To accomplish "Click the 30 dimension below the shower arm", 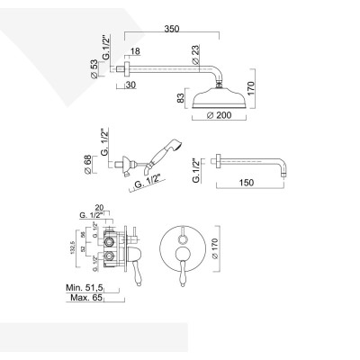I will click(x=130, y=85).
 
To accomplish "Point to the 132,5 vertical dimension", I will click(x=79, y=247).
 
